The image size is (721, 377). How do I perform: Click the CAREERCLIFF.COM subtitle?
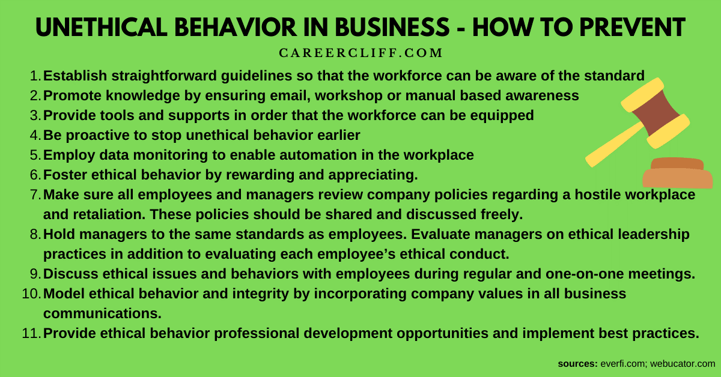tap(360, 53)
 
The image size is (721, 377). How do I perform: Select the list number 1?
tap(34, 76)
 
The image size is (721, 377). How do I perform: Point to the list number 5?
tap(34, 155)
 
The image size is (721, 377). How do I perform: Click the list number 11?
tap(30, 334)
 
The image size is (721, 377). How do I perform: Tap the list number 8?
tap(34, 235)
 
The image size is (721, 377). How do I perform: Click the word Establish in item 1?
tap(73, 76)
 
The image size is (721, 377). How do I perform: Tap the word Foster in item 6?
tap(64, 175)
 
